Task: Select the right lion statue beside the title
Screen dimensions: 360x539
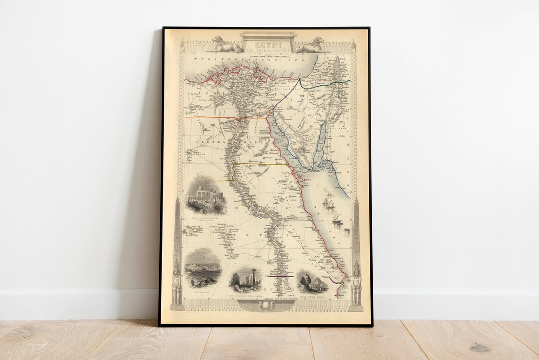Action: pyautogui.click(x=310, y=44)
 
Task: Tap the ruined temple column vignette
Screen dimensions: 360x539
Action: pyautogui.click(x=245, y=280)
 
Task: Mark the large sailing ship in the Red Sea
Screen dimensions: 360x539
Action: pyautogui.click(x=328, y=201)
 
